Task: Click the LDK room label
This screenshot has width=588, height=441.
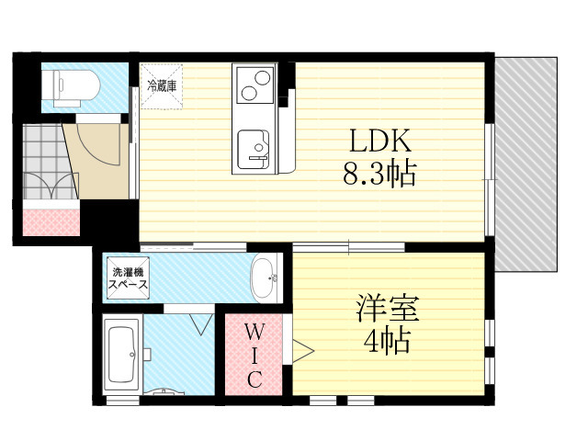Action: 380,141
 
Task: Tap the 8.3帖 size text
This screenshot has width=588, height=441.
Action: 379,174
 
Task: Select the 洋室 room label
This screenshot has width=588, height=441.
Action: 388,309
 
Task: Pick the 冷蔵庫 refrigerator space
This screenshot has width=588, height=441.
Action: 162,86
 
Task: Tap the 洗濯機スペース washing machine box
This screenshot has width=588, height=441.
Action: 129,277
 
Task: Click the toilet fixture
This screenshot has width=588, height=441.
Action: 71,87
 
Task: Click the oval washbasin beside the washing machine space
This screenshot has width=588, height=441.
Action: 266,277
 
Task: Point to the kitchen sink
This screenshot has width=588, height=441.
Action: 254,149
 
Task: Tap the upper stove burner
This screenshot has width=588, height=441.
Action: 263,78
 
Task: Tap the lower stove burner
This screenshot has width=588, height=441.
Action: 249,93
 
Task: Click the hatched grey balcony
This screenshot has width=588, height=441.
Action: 526,164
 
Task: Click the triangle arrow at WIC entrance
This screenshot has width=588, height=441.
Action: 303,351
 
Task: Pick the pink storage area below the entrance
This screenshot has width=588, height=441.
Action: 51,222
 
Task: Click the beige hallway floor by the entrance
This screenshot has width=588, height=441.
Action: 99,162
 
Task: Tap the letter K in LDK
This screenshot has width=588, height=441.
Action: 401,141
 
